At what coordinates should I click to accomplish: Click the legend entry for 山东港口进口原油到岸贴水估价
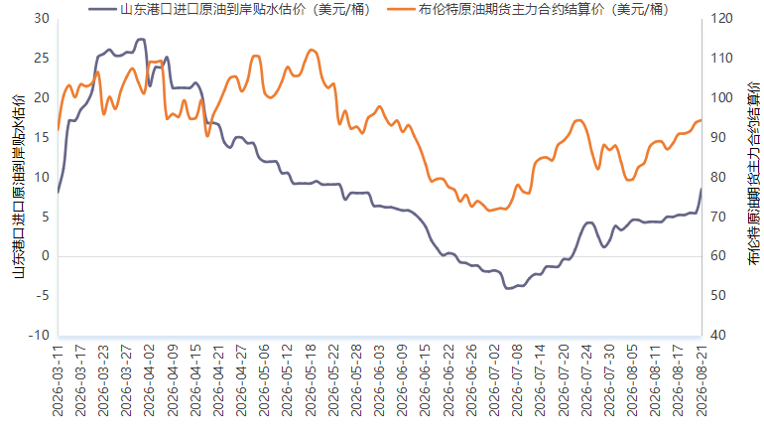click(229, 9)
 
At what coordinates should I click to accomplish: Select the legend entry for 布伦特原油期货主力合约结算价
click(528, 9)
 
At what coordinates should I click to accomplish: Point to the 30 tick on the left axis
click(42, 19)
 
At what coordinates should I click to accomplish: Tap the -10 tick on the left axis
click(39, 335)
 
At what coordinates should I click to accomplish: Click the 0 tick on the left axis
click(46, 256)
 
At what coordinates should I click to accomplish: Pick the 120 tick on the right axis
click(721, 19)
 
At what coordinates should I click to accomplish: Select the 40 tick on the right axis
click(718, 335)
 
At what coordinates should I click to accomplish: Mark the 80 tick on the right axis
click(718, 177)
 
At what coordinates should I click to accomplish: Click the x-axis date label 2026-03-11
click(58, 381)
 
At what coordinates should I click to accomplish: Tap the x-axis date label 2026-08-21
click(701, 381)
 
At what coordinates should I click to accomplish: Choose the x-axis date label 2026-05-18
click(311, 381)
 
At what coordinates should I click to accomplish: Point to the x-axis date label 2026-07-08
click(518, 381)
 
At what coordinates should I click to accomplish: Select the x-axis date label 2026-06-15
click(426, 381)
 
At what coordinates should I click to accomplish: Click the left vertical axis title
click(19, 187)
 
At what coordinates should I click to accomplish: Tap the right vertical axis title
click(753, 174)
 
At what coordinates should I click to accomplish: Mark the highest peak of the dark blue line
click(141, 39)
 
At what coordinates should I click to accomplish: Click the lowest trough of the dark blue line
click(508, 288)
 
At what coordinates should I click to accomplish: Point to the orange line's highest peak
click(312, 50)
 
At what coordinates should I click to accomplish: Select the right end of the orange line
click(701, 120)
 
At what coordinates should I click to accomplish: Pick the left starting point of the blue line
click(59, 192)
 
